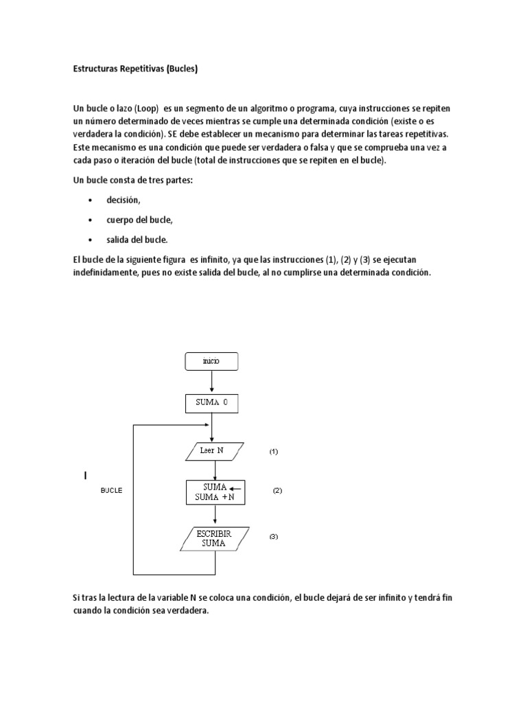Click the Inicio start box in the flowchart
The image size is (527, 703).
pyautogui.click(x=211, y=360)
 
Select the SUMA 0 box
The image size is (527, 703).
pyautogui.click(x=211, y=403)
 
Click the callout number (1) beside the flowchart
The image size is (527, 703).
pyautogui.click(x=273, y=452)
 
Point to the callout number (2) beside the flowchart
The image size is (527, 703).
pyautogui.click(x=277, y=491)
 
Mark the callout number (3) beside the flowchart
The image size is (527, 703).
pyautogui.click(x=273, y=537)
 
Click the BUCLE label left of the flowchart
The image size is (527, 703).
pyautogui.click(x=111, y=491)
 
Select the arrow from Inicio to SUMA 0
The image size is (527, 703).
pyautogui.click(x=211, y=381)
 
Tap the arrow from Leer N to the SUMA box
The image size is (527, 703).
pyautogui.click(x=215, y=470)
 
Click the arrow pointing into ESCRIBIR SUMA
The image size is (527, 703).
pyautogui.click(x=215, y=516)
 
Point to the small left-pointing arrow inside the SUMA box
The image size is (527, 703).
pyautogui.click(x=235, y=487)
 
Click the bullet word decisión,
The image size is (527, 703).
pyautogui.click(x=123, y=200)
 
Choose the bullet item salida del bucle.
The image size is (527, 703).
pyautogui.click(x=137, y=240)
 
